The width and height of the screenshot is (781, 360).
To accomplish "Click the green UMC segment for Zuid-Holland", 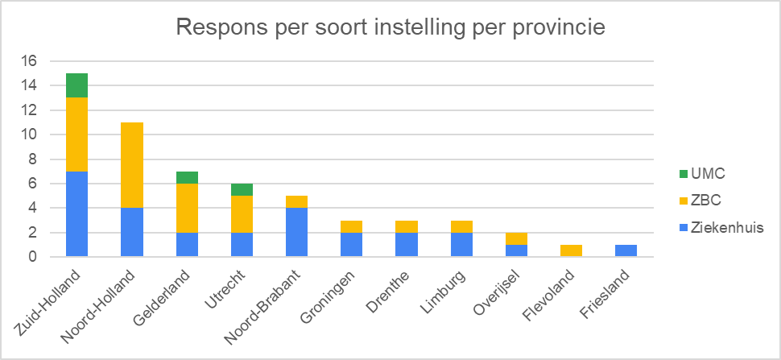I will (77, 85).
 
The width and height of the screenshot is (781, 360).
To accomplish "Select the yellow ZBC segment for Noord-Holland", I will (132, 165).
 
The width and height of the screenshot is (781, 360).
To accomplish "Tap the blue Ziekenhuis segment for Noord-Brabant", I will (297, 232).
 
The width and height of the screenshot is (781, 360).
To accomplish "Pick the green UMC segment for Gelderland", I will (188, 177).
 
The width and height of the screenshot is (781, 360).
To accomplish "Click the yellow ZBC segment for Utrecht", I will (242, 214).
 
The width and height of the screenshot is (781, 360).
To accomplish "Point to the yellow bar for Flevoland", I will (572, 250).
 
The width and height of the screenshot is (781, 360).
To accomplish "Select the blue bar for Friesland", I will (626, 250).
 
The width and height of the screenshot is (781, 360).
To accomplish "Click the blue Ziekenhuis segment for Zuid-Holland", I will (77, 214).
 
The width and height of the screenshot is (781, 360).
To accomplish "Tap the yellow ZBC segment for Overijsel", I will (517, 238).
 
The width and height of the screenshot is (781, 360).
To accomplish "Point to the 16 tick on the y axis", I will (30, 61).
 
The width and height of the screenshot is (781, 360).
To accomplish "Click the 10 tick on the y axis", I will (30, 134).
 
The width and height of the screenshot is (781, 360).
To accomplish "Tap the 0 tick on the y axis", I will (33, 257).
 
